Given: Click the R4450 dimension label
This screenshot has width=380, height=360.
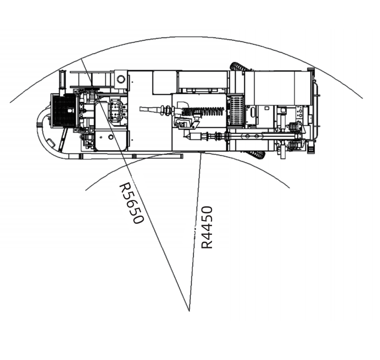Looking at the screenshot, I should click(207, 227).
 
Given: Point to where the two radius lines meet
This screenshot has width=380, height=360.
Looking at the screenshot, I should click(189, 311).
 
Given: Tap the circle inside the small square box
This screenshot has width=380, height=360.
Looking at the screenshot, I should click(121, 79).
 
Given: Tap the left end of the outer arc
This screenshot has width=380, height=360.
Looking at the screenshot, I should click(11, 102).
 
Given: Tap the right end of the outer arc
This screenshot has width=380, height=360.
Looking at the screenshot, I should click(362, 98).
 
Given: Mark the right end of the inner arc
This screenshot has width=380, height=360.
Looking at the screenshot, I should click(289, 188).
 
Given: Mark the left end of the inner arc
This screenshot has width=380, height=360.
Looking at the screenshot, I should click(86, 190).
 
